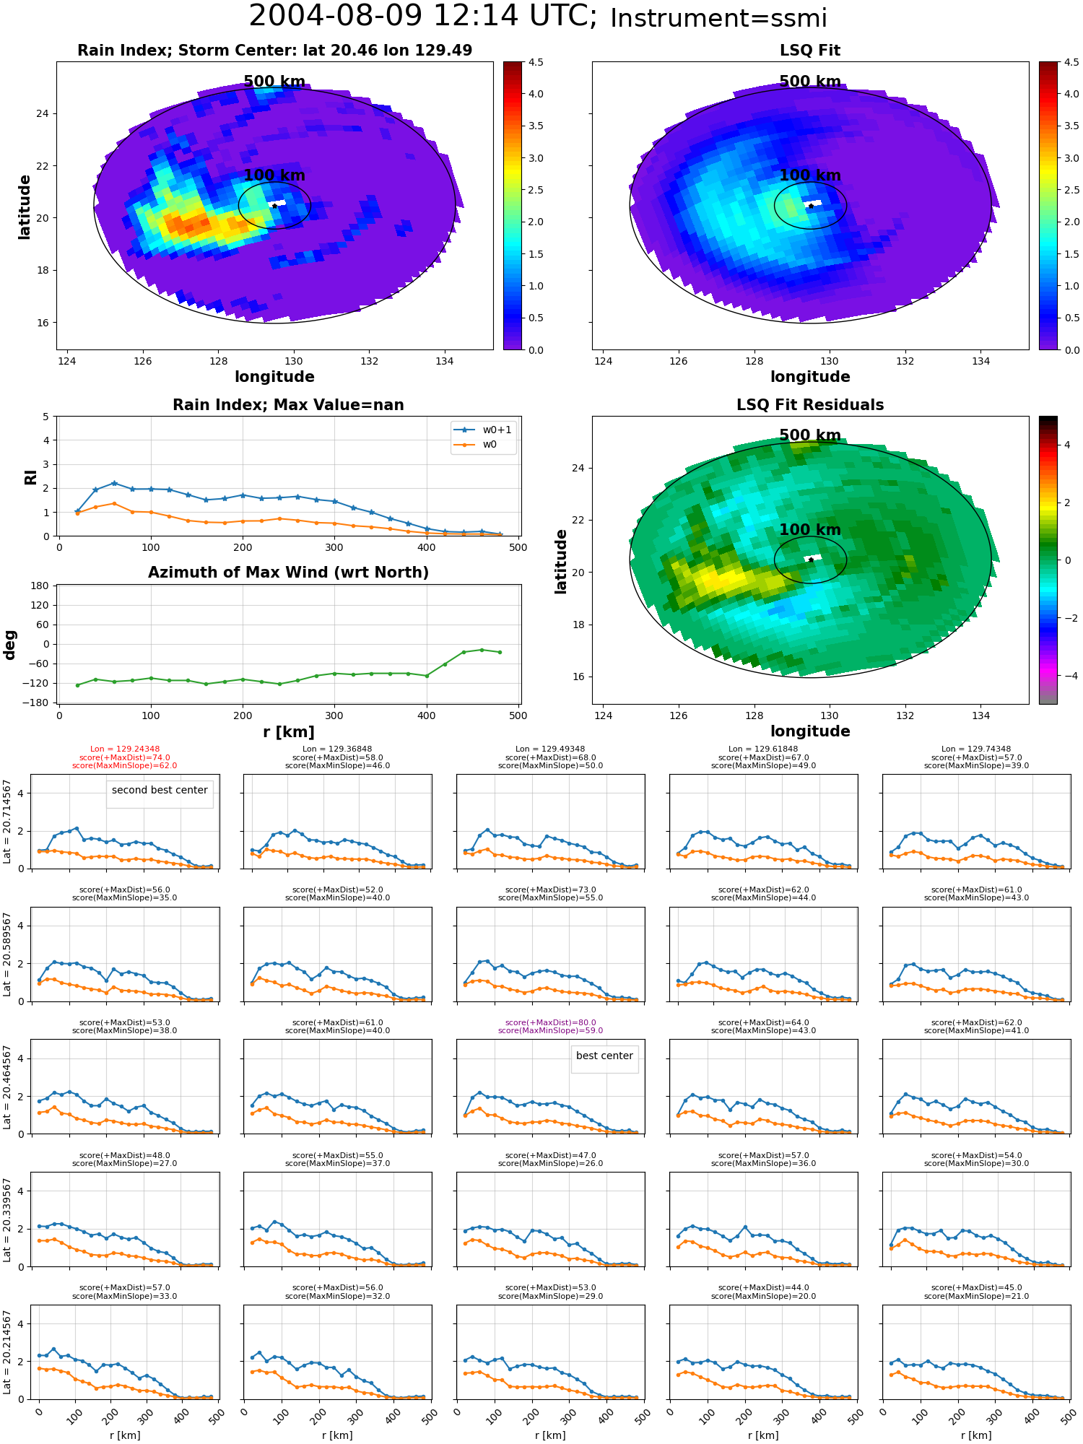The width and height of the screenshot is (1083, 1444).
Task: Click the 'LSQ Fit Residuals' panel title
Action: [x=810, y=405]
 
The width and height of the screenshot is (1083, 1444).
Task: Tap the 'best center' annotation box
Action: [x=604, y=1056]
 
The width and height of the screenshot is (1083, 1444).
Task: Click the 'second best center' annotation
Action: [x=160, y=790]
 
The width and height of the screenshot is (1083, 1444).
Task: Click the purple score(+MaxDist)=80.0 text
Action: [x=550, y=1022]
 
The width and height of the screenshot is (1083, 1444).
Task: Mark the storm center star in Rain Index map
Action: [x=274, y=206]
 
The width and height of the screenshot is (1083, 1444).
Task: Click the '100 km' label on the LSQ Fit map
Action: [x=810, y=175]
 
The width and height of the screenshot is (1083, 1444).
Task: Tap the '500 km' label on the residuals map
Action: [x=810, y=435]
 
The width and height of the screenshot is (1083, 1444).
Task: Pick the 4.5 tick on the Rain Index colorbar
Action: [x=536, y=62]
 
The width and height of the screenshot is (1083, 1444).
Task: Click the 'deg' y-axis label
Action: [x=10, y=645]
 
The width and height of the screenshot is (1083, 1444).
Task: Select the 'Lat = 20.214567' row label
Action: [x=7, y=1352]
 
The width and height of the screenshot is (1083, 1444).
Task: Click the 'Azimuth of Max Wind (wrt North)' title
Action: [x=288, y=573]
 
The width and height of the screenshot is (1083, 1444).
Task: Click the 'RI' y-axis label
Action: [x=30, y=477]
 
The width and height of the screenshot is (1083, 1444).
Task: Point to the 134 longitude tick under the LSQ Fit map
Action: [x=980, y=361]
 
